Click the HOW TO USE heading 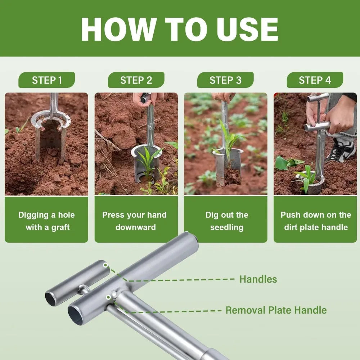180,28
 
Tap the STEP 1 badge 47,80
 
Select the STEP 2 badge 136,80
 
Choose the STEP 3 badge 225,80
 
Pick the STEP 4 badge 315,80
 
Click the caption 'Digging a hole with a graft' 46,221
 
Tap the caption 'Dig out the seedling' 226,221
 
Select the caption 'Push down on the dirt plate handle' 315,221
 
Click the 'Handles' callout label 258,279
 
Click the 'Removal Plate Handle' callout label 276,310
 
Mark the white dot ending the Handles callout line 105,265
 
